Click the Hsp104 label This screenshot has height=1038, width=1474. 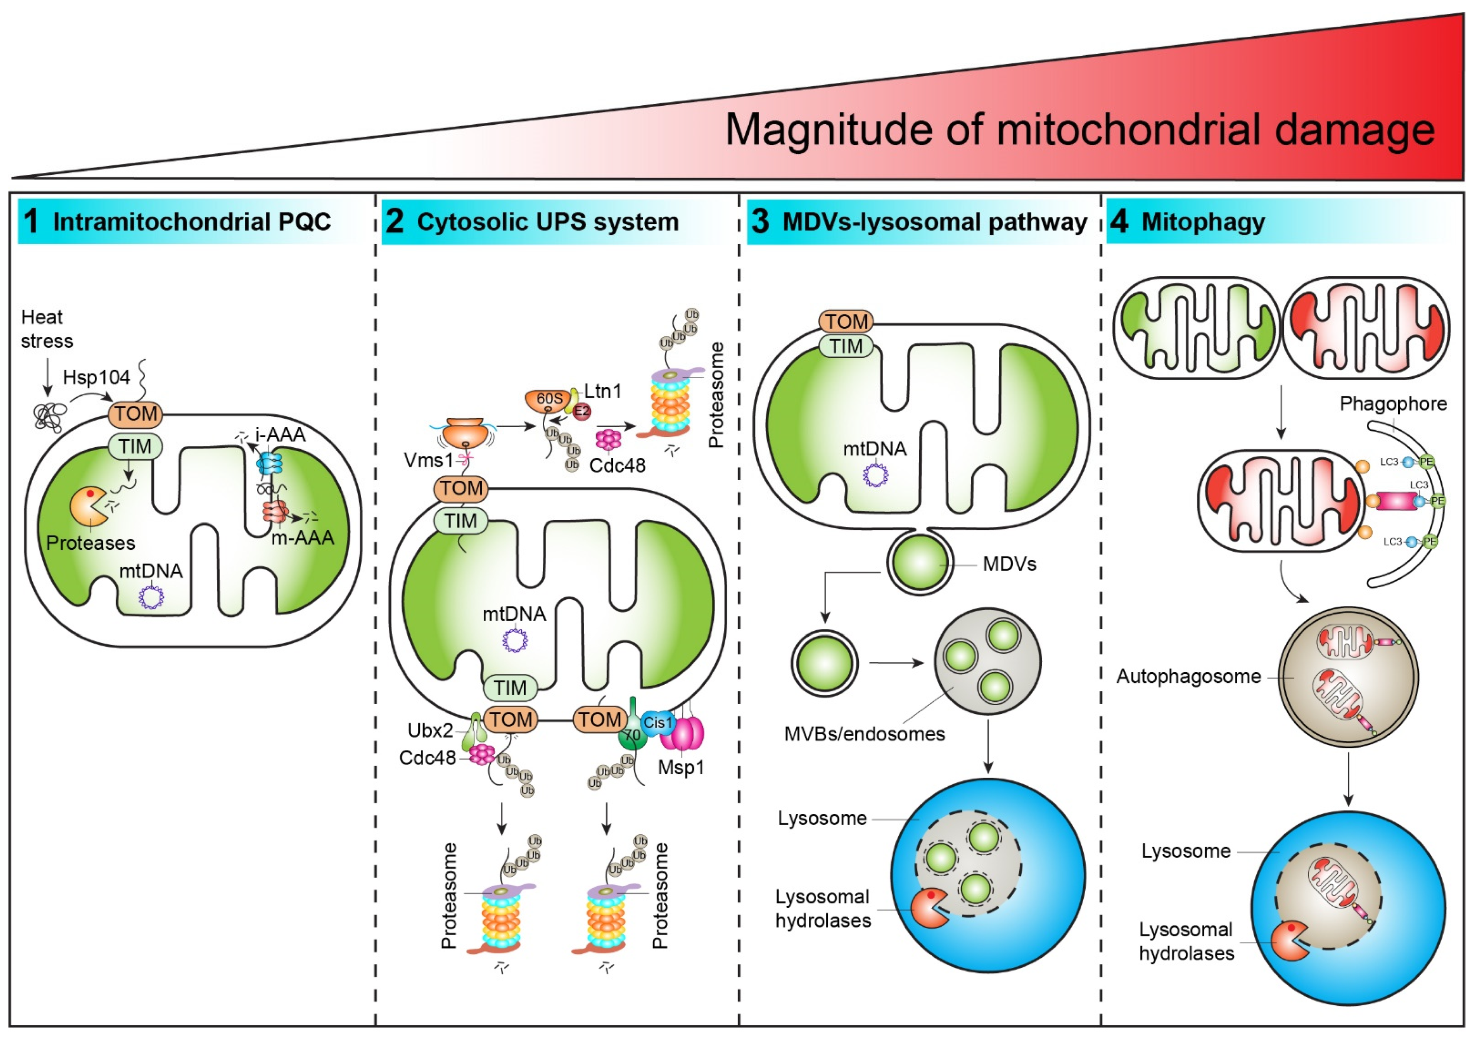96,378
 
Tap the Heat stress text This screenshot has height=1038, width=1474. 46,329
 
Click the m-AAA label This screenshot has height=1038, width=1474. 303,538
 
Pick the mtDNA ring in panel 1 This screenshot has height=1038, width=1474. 151,597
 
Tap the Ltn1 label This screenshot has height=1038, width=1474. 602,391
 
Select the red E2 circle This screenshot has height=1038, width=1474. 582,411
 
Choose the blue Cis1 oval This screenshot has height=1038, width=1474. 657,723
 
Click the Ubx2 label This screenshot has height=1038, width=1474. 430,731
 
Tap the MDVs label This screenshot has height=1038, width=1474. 1009,564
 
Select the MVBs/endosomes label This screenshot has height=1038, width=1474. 864,734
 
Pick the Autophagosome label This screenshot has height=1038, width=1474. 1188,677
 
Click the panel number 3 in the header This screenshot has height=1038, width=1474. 760,222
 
